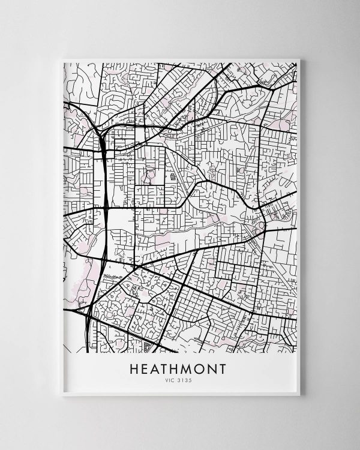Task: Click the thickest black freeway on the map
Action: pyautogui.click(x=104, y=198)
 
